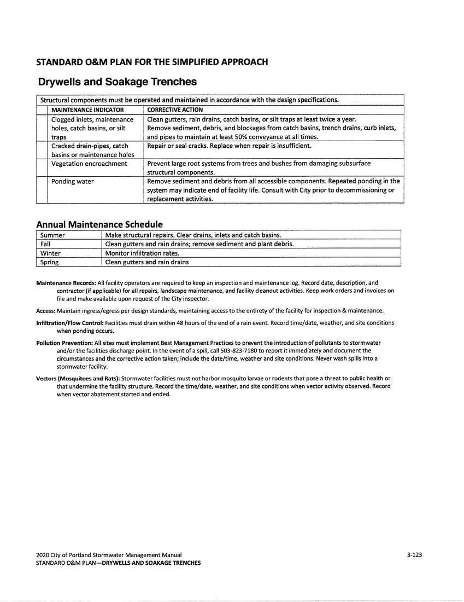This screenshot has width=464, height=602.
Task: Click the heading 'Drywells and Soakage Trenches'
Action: click(118, 82)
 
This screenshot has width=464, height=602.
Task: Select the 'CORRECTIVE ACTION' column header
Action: click(175, 109)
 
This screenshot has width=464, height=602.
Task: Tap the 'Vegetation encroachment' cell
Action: click(89, 164)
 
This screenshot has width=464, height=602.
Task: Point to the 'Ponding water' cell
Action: click(73, 181)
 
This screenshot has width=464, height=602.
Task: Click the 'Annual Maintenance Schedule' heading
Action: click(99, 224)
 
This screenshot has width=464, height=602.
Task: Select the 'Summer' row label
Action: click(52, 235)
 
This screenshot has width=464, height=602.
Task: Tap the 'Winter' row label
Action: click(50, 253)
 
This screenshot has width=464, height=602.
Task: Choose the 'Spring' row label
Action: click(49, 262)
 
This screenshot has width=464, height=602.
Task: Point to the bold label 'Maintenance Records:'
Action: click(66, 283)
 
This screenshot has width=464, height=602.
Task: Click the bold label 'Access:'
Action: click(46, 310)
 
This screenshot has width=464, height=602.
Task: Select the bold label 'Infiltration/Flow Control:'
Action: click(70, 323)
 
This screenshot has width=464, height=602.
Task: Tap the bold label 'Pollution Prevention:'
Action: click(64, 343)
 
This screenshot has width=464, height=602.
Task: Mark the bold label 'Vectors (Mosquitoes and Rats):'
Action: click(78, 378)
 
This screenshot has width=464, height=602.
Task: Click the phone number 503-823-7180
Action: click(259, 350)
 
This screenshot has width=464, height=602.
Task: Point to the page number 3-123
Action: click(414, 554)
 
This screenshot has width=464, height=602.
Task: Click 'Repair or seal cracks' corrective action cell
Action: click(229, 146)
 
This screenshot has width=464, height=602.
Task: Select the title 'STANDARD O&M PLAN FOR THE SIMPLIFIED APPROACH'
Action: click(152, 62)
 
